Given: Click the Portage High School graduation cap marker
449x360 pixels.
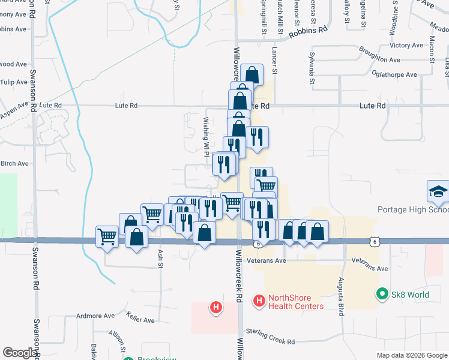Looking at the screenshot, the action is [x=438, y=192].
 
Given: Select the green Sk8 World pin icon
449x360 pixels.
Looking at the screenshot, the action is [x=381, y=294].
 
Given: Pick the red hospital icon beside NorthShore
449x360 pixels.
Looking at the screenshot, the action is [x=259, y=299].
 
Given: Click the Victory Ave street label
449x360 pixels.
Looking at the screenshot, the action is [x=406, y=46].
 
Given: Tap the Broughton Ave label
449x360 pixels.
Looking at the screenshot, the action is [x=379, y=61].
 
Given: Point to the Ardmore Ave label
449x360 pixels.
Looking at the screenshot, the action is [x=95, y=316].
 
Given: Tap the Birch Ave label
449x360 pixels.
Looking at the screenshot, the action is [x=14, y=163].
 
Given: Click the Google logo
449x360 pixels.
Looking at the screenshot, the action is [x=20, y=353].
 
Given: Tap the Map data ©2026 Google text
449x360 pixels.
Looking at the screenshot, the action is [x=412, y=355].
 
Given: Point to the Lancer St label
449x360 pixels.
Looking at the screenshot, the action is [x=274, y=61].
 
